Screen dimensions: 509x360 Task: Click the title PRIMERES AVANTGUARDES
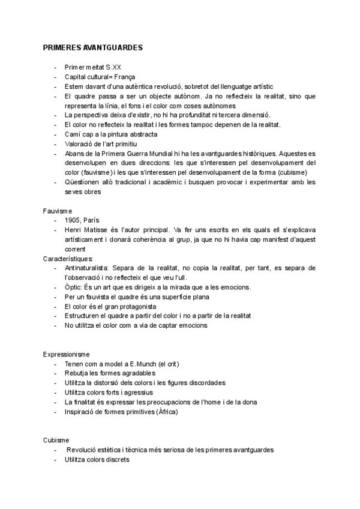(92, 47)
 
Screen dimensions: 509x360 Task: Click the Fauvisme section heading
(57, 211)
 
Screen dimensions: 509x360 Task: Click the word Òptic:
(75, 287)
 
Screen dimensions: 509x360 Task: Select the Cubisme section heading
(56, 439)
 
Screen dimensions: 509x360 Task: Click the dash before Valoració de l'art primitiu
(56, 144)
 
